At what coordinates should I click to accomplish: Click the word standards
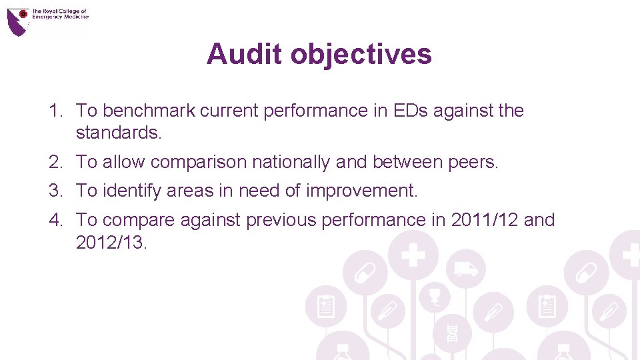[119, 132]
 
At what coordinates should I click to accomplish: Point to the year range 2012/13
[111, 241]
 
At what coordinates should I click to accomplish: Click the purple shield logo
[18, 21]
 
